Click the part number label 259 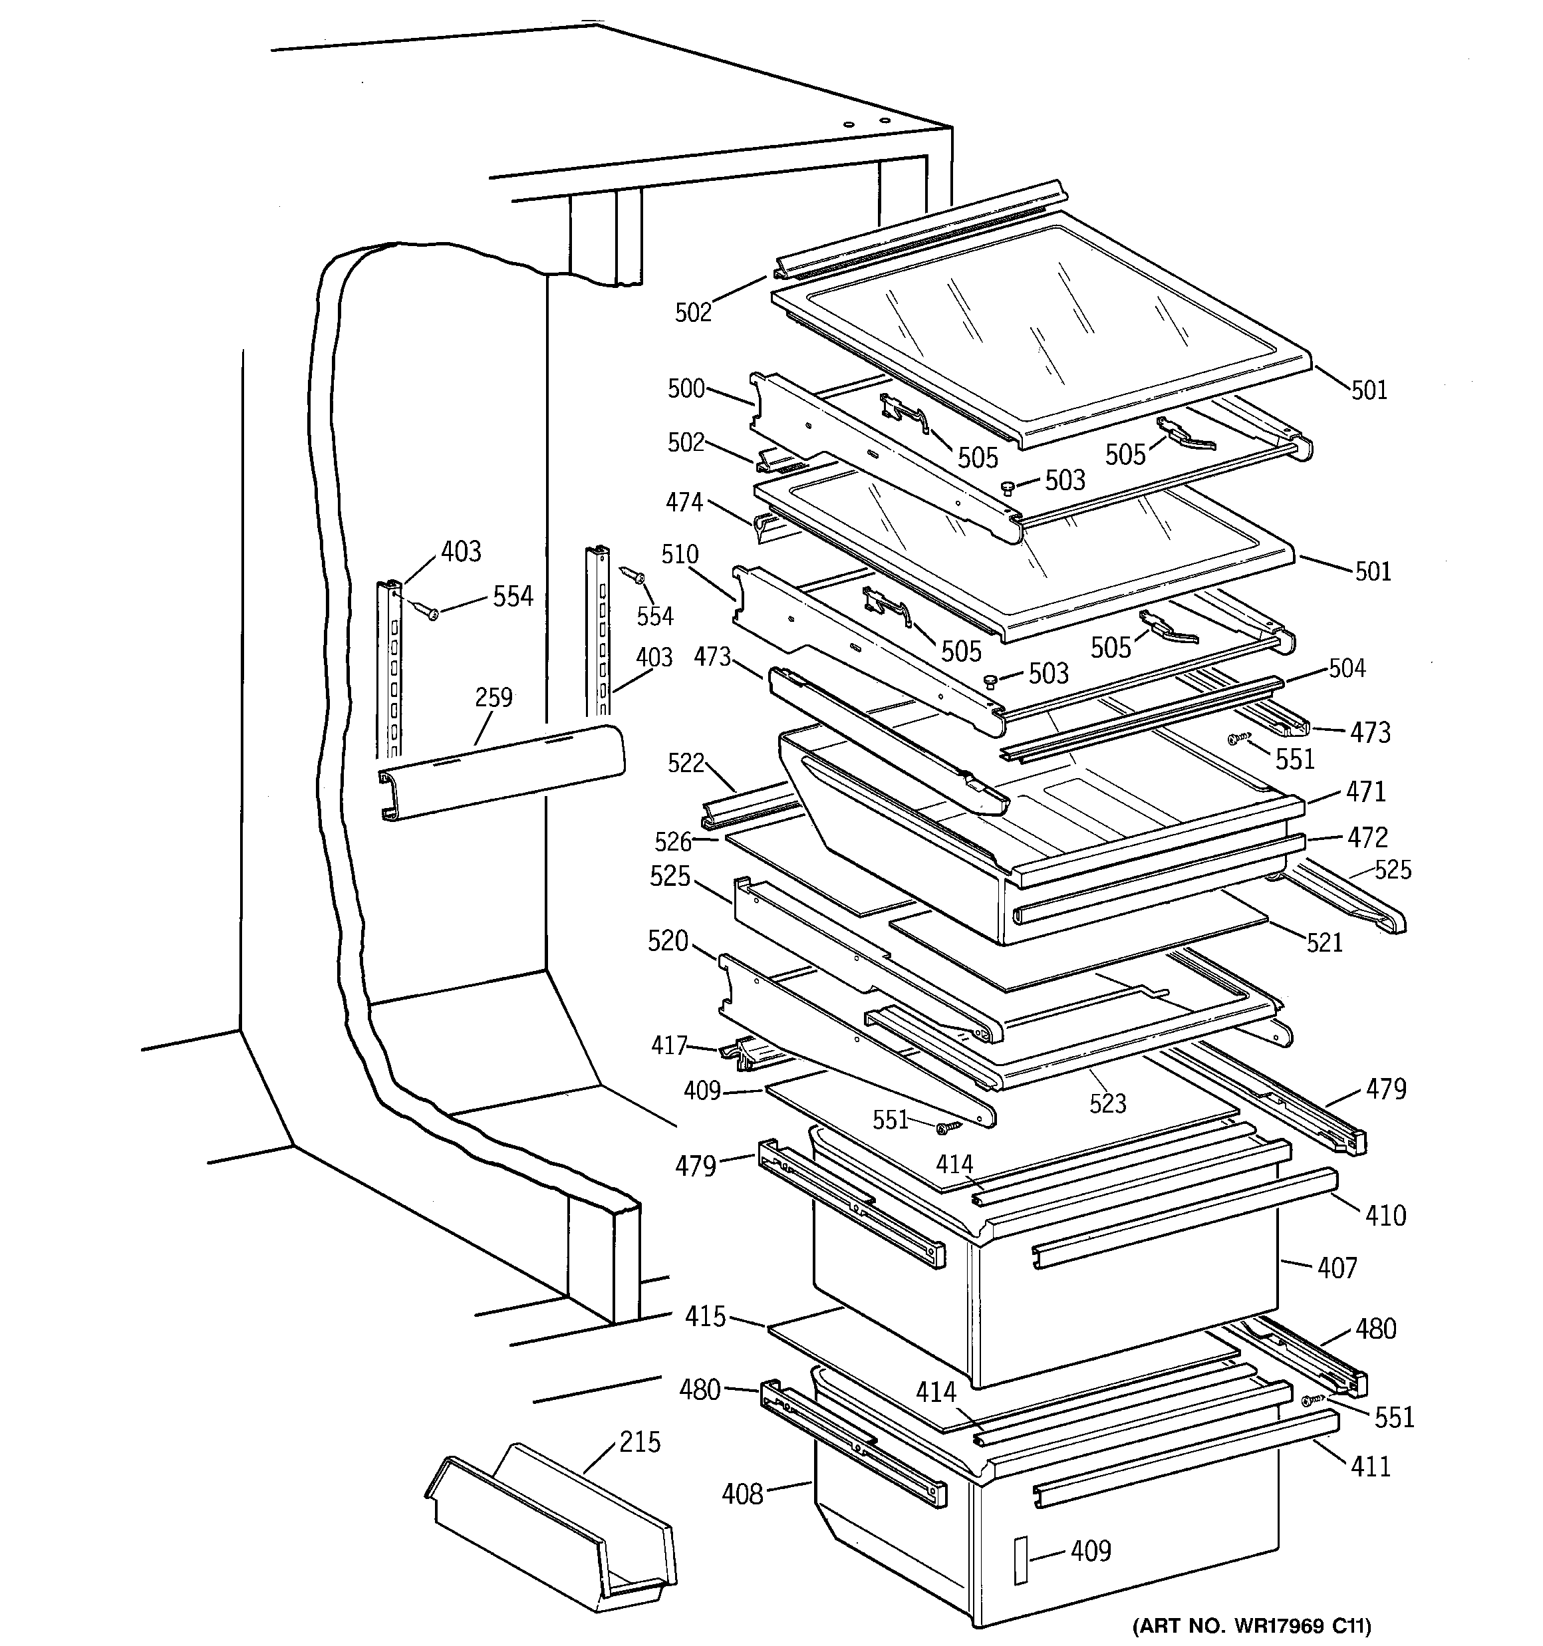pyautogui.click(x=493, y=697)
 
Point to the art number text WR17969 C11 pyautogui.click(x=1250, y=1625)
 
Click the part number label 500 pyautogui.click(x=686, y=388)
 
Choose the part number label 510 pyautogui.click(x=679, y=554)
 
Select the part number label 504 pyautogui.click(x=1347, y=668)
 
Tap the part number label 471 pyautogui.click(x=1366, y=791)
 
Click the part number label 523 pyautogui.click(x=1107, y=1103)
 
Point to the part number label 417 pyautogui.click(x=668, y=1045)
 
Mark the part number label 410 pyautogui.click(x=1385, y=1216)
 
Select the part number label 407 pyautogui.click(x=1337, y=1268)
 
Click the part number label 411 pyautogui.click(x=1371, y=1466)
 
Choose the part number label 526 pyautogui.click(x=672, y=842)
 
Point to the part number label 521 pyautogui.click(x=1324, y=942)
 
